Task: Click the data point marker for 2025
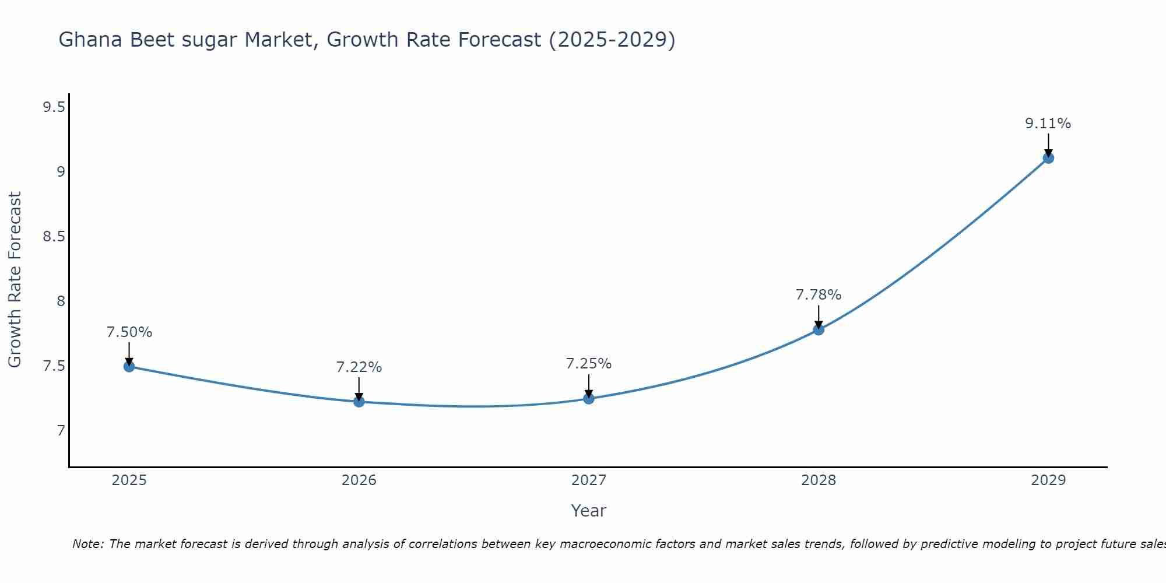tap(129, 366)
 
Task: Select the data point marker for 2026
tap(359, 402)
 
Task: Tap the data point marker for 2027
tap(589, 398)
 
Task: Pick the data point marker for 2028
tap(819, 329)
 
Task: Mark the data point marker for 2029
tap(1048, 157)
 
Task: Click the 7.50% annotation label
tap(129, 332)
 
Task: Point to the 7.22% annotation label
tap(359, 367)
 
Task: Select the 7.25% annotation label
tap(589, 364)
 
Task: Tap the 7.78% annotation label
tap(819, 295)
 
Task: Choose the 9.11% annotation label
tap(1048, 124)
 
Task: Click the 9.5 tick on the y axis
tap(54, 107)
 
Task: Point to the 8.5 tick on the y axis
tap(54, 237)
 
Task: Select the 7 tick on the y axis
tap(61, 431)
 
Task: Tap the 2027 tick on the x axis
tap(589, 480)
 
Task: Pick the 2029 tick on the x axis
tap(1048, 480)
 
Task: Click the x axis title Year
tap(589, 511)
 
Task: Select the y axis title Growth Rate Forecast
tap(15, 280)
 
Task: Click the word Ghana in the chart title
tap(91, 40)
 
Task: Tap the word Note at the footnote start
tap(87, 544)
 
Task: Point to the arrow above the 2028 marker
tap(819, 317)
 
